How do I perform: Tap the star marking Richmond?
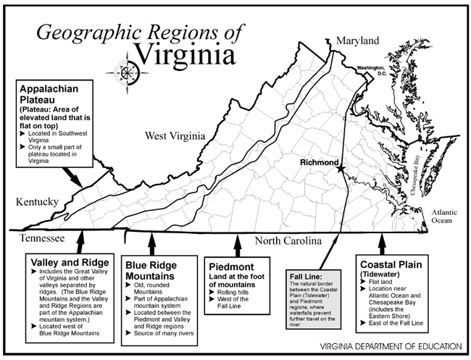pos(340,168)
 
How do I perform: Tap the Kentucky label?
pos(32,202)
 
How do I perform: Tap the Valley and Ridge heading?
pos(70,260)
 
